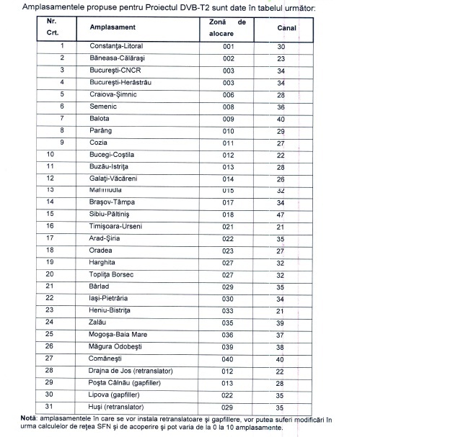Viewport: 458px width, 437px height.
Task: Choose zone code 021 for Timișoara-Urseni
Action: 229,227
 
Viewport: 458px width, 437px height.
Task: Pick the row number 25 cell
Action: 50,335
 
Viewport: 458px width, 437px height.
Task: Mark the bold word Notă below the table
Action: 30,418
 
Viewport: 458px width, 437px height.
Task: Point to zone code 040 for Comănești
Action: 229,359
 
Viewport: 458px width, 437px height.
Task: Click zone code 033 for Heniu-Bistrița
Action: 229,310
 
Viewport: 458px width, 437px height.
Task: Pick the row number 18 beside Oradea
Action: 50,251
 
